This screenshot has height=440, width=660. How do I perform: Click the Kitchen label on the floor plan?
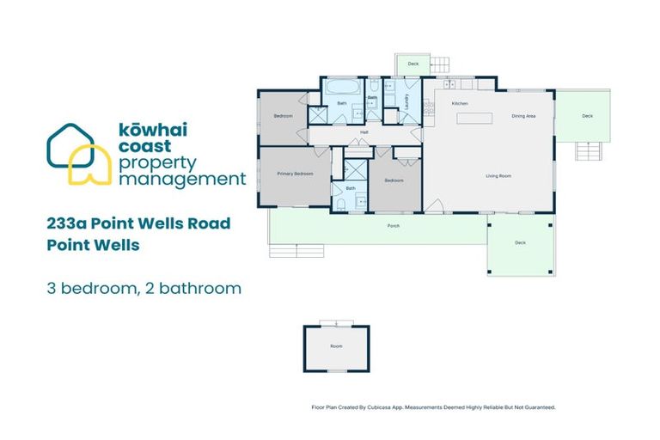click(x=460, y=104)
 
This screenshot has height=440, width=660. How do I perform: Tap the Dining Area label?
click(x=524, y=115)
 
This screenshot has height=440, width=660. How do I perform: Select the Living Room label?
click(x=498, y=175)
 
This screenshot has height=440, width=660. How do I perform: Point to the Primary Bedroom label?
click(x=295, y=174)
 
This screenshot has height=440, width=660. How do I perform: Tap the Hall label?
click(x=364, y=132)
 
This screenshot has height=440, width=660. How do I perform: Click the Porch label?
click(x=394, y=227)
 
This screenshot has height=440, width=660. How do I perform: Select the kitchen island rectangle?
click(x=474, y=119)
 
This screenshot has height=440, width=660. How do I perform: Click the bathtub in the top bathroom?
click(x=342, y=87)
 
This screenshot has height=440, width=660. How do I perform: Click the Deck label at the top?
click(x=413, y=64)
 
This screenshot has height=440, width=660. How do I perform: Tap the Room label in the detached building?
click(x=336, y=346)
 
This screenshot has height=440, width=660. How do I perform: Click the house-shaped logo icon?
click(x=78, y=155)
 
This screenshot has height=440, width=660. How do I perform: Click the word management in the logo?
click(x=182, y=180)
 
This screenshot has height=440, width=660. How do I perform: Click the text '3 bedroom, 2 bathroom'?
click(x=144, y=288)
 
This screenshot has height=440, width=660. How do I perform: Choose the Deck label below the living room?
click(x=520, y=243)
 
